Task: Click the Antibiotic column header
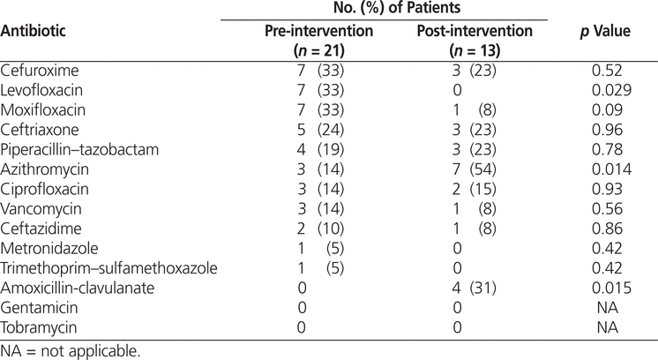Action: [34, 31]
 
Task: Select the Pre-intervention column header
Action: [319, 41]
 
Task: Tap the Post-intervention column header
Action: [475, 41]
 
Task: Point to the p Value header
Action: [605, 31]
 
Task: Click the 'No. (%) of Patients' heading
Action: [397, 8]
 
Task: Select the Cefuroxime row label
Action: [40, 70]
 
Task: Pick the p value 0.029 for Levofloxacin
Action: [611, 90]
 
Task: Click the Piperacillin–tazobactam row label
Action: [79, 150]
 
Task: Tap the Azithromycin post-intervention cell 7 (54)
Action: [474, 169]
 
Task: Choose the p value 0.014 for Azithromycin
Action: [611, 169]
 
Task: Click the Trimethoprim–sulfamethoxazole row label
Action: [108, 268]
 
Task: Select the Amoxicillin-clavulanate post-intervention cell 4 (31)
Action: [474, 289]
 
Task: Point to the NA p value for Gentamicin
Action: [607, 308]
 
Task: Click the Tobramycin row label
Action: [39, 327]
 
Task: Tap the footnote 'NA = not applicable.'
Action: [70, 351]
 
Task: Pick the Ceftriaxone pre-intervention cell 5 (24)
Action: [320, 130]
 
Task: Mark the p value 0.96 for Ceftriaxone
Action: [607, 130]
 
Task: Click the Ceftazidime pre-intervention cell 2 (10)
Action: [320, 229]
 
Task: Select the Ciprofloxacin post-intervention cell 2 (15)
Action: [474, 189]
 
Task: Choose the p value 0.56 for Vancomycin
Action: [607, 209]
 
